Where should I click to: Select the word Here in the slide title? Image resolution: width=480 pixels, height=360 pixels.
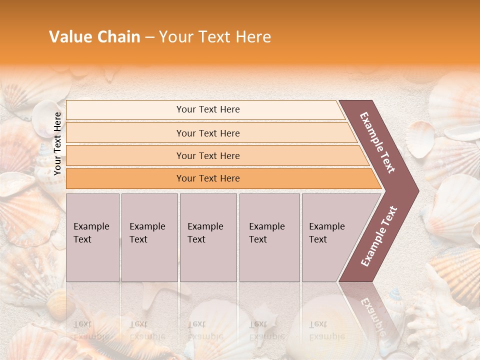253,37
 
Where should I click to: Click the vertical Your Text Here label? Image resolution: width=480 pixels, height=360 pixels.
58,143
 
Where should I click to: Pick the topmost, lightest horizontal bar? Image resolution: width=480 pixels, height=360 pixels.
207,109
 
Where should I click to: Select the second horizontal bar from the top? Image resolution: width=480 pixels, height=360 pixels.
207,133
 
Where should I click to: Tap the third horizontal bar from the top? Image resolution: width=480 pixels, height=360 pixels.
207,155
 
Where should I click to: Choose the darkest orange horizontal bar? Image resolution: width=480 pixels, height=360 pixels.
207,178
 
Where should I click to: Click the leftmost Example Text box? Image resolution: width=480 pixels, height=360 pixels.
92,237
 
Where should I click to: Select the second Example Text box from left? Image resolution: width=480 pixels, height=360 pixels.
149,237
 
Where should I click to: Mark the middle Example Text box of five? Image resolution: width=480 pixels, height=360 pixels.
208,237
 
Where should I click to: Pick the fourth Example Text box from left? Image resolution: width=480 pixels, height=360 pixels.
269,237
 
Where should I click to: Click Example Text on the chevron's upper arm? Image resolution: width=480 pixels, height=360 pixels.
377,142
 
